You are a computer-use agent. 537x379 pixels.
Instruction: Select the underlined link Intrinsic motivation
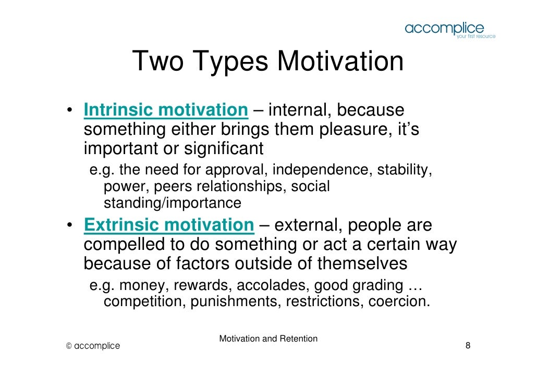(x=166, y=110)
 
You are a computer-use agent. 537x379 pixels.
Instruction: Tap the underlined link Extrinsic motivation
(x=168, y=226)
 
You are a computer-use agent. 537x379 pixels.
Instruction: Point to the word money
(x=143, y=285)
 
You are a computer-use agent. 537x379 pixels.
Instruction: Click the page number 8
(x=468, y=346)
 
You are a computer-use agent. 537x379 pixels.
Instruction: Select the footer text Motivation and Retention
(x=268, y=339)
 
